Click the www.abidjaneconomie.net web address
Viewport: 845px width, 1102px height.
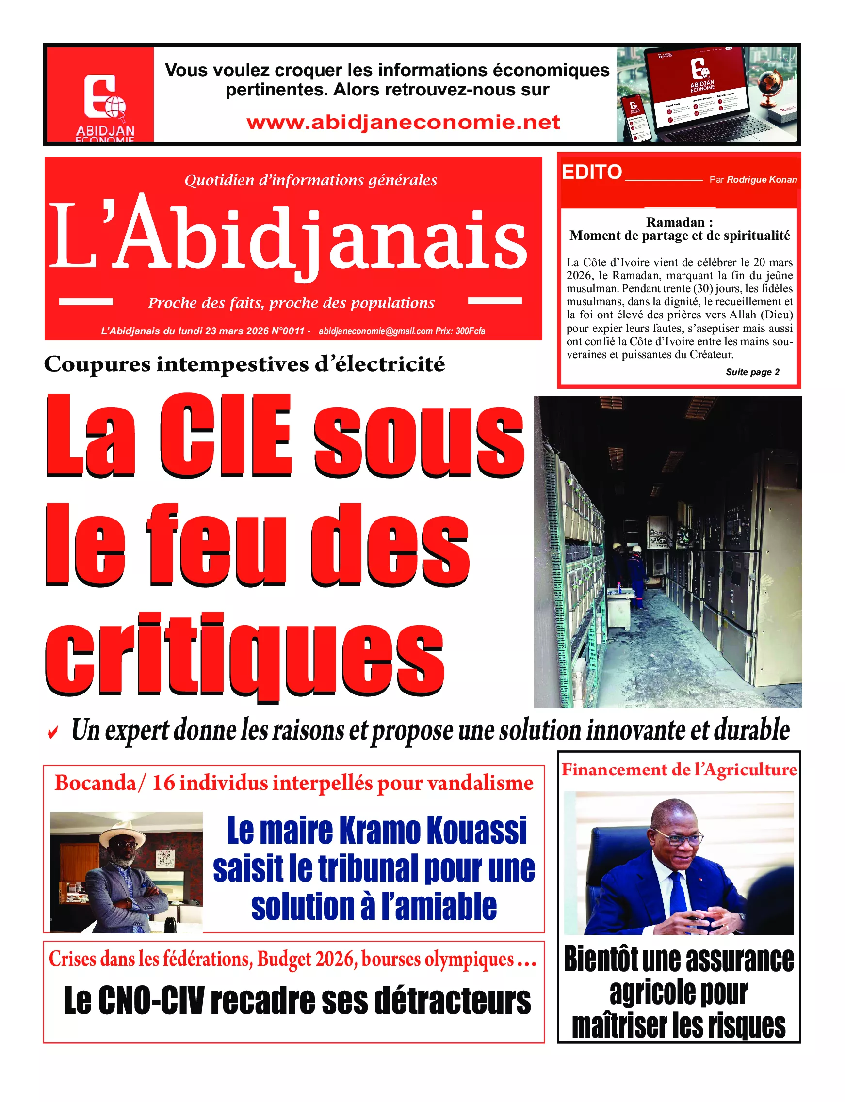pyautogui.click(x=403, y=122)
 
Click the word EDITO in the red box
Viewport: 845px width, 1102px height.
pyautogui.click(x=591, y=173)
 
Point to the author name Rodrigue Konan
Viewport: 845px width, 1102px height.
pyautogui.click(x=762, y=180)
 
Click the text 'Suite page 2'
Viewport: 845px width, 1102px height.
pyautogui.click(x=752, y=372)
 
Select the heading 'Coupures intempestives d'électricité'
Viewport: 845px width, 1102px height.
pyautogui.click(x=244, y=364)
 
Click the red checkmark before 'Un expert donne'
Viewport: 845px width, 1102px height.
pyautogui.click(x=52, y=733)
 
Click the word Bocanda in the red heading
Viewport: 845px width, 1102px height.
pyautogui.click(x=95, y=783)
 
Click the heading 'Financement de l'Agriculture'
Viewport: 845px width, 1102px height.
pyautogui.click(x=679, y=770)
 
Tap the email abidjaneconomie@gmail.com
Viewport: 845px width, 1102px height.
pyautogui.click(x=376, y=331)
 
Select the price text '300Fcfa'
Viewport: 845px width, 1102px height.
pyautogui.click(x=471, y=331)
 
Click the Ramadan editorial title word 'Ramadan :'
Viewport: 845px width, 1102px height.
pyautogui.click(x=679, y=222)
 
